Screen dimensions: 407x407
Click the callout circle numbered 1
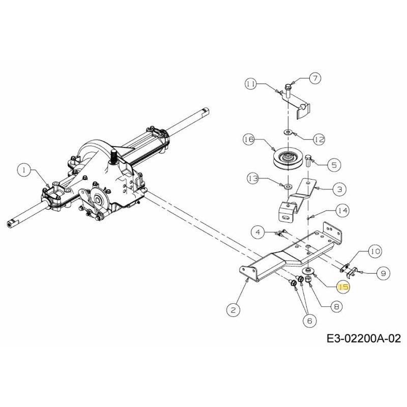tap(24, 170)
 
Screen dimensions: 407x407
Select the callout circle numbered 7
tap(315, 78)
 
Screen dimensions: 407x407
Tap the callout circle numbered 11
tap(251, 84)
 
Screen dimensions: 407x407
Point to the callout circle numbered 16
tap(249, 139)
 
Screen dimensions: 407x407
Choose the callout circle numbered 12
tap(319, 139)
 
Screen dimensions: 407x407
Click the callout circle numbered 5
tap(334, 164)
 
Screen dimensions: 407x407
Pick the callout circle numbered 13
tap(253, 179)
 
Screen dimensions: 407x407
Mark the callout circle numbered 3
tap(339, 189)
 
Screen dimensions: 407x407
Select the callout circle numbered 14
tap(342, 211)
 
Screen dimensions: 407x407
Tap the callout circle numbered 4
tap(258, 232)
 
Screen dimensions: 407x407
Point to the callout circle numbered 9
tap(383, 273)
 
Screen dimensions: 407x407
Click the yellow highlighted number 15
tap(343, 287)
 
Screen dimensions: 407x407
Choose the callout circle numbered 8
tap(336, 307)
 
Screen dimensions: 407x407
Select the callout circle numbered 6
tap(310, 321)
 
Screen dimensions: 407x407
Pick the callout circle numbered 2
tap(233, 310)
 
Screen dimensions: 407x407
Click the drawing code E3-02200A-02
tap(363, 339)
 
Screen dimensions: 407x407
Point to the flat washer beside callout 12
tap(287, 133)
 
